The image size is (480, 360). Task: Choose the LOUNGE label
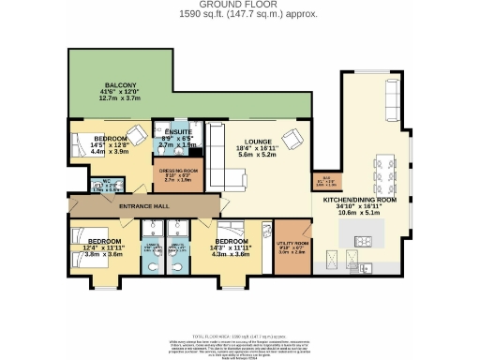(x=255, y=140)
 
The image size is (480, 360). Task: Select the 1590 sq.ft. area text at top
(x=239, y=15)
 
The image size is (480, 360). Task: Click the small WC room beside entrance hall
(x=82, y=185)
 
